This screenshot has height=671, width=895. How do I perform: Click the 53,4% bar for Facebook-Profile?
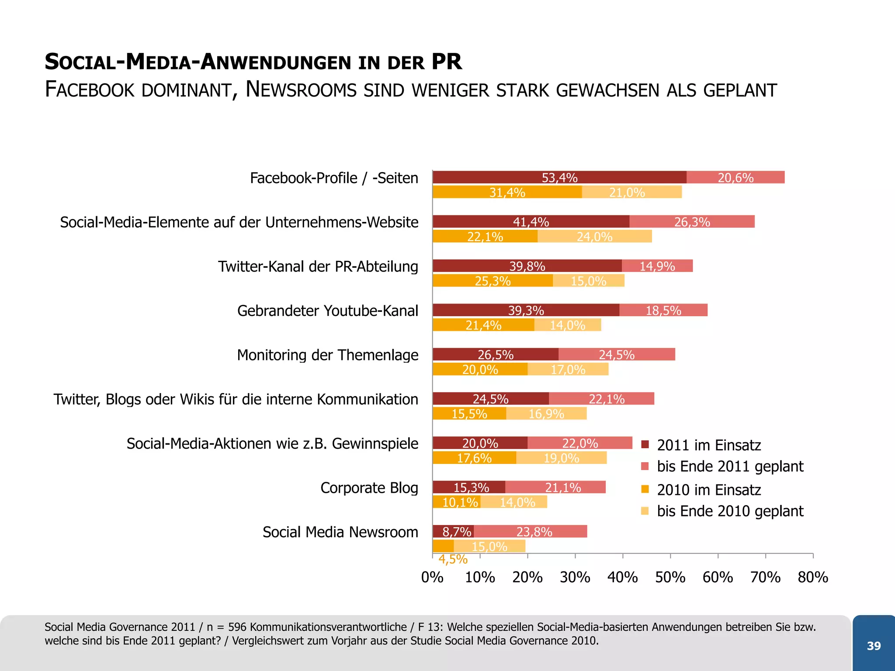[x=559, y=177]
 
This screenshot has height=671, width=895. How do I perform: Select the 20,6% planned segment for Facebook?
[x=735, y=177]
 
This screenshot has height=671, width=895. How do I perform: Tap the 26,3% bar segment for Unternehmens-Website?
[x=692, y=221]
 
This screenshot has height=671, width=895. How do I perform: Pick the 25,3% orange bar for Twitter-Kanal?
[x=493, y=280]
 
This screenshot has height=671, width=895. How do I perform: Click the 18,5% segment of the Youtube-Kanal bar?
[x=663, y=310]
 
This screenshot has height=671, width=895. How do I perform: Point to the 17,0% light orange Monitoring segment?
[x=568, y=369]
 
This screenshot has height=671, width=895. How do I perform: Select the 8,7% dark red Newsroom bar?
[x=453, y=532]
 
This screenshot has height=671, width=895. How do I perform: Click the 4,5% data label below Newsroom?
[x=453, y=560]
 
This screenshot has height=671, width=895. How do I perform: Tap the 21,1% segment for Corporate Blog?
[x=563, y=487]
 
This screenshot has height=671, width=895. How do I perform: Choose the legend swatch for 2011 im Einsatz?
[x=645, y=445]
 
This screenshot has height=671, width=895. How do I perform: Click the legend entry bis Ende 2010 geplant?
[x=730, y=511]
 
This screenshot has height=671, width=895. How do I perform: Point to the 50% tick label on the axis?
[x=670, y=578]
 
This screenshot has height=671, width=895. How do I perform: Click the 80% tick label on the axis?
[x=813, y=578]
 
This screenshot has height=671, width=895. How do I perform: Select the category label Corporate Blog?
[x=369, y=488]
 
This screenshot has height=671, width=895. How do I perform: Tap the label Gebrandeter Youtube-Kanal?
[x=328, y=311]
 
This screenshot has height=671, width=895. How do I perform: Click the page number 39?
[x=874, y=646]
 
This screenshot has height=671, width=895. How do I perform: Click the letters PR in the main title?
[x=447, y=62]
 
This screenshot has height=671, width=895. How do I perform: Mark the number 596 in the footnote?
[x=237, y=627]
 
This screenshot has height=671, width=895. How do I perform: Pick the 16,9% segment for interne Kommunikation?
[x=546, y=413]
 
